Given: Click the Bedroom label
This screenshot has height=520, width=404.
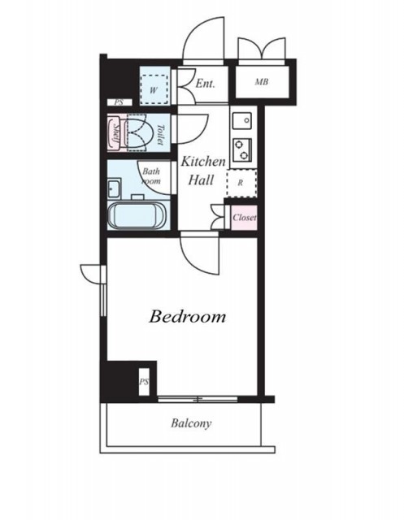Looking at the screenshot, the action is [188, 316].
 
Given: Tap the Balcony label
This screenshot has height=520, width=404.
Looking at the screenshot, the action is [191, 423].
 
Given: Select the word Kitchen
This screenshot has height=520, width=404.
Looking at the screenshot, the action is [203, 162].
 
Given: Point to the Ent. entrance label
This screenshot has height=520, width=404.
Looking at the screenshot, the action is [206, 83].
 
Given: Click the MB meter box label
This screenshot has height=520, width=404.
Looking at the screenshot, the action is [262, 81].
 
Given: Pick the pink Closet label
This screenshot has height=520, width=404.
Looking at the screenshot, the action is [245, 218].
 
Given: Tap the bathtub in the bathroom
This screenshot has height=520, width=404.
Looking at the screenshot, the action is [137, 214].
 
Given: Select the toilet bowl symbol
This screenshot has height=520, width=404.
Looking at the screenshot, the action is [139, 132].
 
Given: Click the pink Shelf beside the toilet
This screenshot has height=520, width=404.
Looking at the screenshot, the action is [115, 132].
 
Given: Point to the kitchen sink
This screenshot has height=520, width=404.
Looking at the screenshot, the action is [241, 121].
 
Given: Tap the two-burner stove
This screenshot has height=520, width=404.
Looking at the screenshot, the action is [242, 149].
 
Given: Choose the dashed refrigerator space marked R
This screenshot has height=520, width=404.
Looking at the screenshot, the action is [241, 183].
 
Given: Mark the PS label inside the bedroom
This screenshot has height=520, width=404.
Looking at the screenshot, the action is [144, 382].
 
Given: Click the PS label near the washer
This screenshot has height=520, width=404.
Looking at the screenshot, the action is [119, 102].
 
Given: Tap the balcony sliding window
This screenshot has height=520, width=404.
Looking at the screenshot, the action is [198, 399].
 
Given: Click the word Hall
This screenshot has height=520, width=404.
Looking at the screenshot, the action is [201, 180].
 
